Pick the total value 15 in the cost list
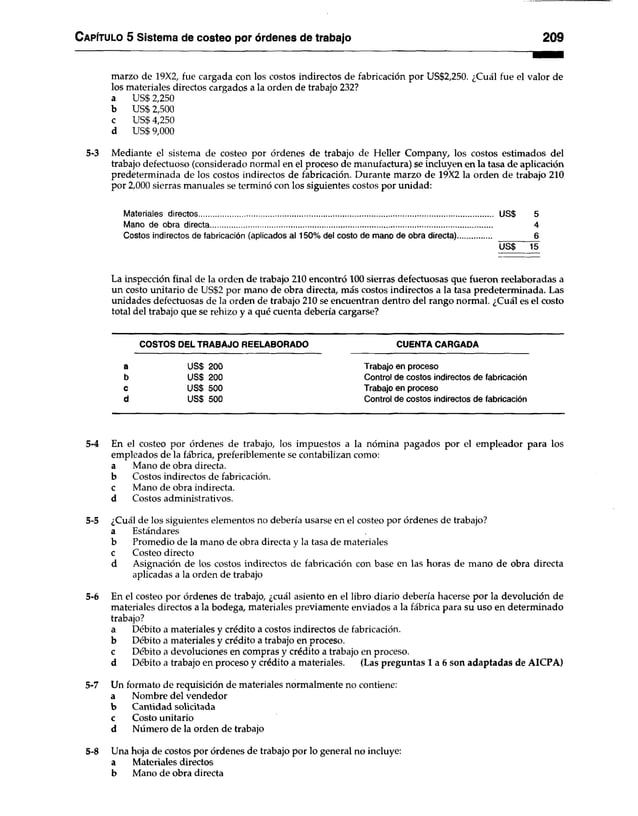(x=535, y=246)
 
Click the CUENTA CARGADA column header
(x=437, y=344)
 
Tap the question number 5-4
(x=92, y=442)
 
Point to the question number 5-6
(x=92, y=594)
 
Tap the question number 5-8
(x=92, y=749)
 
